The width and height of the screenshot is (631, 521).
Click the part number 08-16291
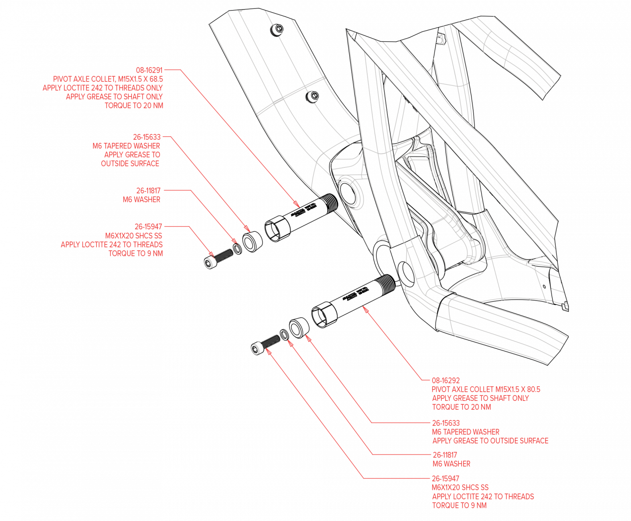click(x=149, y=70)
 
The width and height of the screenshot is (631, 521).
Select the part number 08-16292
click(x=446, y=380)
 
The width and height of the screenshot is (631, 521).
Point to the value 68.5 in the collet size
click(x=156, y=79)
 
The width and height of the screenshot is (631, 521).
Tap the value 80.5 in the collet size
click(x=532, y=389)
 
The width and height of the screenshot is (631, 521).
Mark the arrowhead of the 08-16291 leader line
click(x=298, y=205)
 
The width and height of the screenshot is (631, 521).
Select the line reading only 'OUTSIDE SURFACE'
click(x=130, y=163)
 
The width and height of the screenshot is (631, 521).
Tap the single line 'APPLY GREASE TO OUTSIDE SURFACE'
click(x=490, y=440)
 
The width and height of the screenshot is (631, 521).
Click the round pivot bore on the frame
click(x=349, y=192)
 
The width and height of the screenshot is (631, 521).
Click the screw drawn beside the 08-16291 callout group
click(x=218, y=258)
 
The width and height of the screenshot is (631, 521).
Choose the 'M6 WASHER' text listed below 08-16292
click(x=451, y=464)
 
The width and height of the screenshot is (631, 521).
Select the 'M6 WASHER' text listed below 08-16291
click(x=142, y=199)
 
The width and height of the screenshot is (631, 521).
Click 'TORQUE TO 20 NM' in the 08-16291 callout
click(x=134, y=105)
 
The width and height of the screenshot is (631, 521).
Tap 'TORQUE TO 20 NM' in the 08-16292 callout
click(x=461, y=407)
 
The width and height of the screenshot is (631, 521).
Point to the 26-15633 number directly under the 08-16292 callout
click(x=446, y=423)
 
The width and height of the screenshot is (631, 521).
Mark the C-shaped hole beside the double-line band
click(x=312, y=97)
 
